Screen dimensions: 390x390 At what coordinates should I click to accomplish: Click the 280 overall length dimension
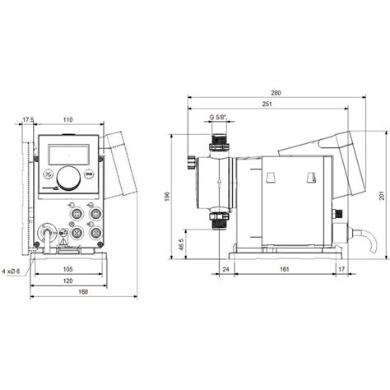pyautogui.click(x=276, y=93)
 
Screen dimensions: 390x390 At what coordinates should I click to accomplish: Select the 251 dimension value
pyautogui.click(x=267, y=105)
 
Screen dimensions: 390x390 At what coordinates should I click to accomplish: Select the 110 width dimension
pyautogui.click(x=67, y=120)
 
